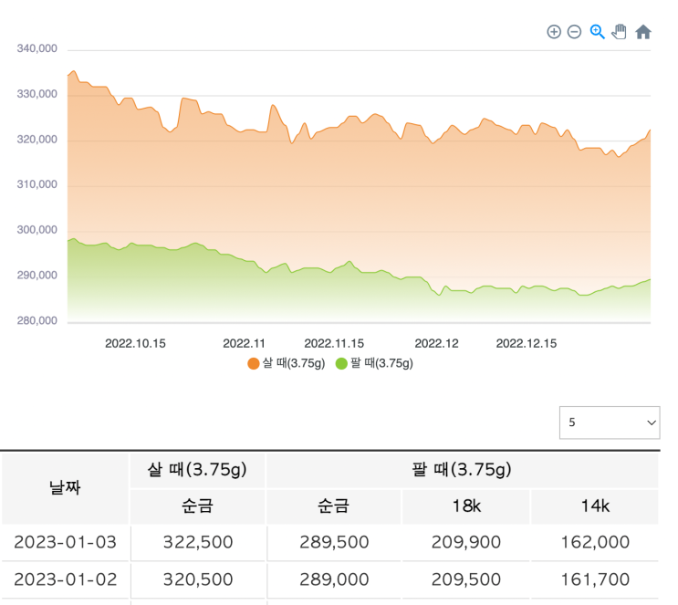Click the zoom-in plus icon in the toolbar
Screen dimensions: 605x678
coord(554,32)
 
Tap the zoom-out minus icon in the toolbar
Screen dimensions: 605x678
coord(575,32)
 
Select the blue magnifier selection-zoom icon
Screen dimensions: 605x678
coord(598,32)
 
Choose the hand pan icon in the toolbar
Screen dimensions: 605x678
coord(620,32)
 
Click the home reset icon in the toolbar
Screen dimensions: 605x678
coord(643,32)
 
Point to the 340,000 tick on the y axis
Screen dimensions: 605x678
coord(37,48)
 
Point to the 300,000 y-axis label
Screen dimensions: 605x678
coord(37,230)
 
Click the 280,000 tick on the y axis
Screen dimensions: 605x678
coord(37,320)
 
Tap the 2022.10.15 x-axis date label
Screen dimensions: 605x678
coord(135,344)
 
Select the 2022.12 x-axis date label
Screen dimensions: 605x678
coord(436,344)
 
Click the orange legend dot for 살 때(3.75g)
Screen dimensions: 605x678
coord(254,363)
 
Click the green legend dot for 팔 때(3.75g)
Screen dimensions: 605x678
coord(342,363)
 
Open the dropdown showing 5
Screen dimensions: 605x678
coord(610,422)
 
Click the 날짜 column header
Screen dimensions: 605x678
coord(65,487)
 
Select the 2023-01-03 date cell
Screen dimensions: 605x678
coord(65,542)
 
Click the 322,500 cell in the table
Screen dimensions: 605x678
coord(198,542)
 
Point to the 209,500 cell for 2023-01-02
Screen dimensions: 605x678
coord(465,579)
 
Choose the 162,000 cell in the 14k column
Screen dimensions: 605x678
coord(594,542)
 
